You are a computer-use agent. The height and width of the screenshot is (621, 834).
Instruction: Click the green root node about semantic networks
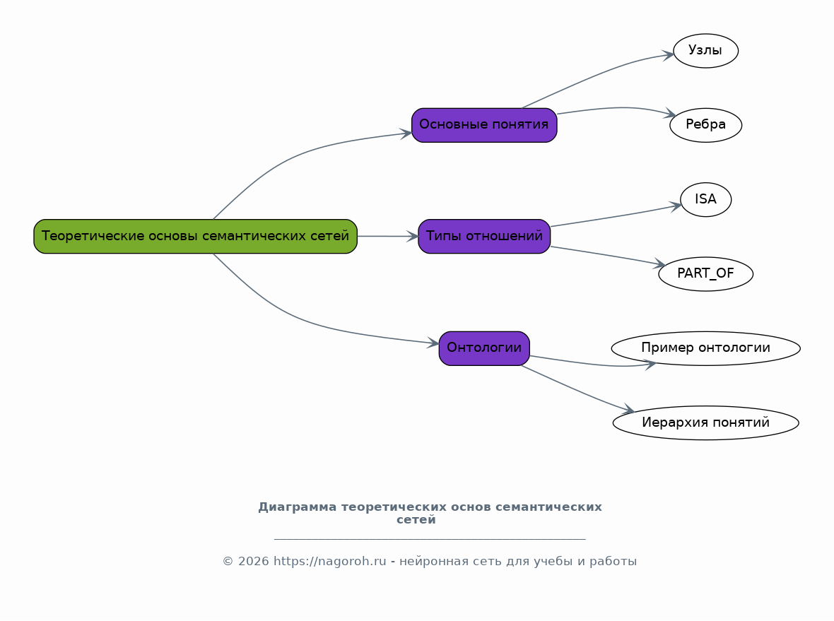(x=195, y=236)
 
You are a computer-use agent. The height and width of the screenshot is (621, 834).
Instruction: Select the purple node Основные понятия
(x=484, y=125)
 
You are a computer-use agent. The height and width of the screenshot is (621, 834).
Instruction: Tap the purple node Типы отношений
(x=484, y=236)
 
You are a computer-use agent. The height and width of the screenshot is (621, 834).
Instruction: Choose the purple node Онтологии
(x=484, y=348)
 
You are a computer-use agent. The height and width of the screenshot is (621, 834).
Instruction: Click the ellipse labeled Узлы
(x=706, y=50)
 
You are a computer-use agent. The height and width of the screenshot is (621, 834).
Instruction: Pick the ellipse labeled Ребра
(x=706, y=125)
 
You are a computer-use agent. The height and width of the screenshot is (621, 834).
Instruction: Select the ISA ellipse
(x=706, y=199)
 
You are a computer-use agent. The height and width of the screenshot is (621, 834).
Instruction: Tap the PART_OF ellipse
(x=706, y=274)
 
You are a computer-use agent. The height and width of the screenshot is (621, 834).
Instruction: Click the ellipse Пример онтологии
(x=706, y=348)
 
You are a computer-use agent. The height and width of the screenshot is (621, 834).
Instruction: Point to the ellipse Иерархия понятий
(x=706, y=422)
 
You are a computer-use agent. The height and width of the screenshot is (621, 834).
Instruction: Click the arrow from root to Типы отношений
(x=388, y=236)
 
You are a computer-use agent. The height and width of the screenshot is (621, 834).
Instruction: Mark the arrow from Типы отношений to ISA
(x=616, y=216)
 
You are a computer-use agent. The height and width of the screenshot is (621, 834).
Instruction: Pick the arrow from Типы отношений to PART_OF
(x=608, y=255)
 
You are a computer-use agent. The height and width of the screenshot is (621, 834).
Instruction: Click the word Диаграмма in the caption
(x=298, y=507)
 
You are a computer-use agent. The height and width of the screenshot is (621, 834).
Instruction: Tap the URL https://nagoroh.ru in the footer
(x=330, y=562)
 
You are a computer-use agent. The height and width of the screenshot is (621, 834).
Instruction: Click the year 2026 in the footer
(x=253, y=562)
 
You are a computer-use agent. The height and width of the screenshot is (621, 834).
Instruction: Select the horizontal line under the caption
(x=430, y=539)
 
